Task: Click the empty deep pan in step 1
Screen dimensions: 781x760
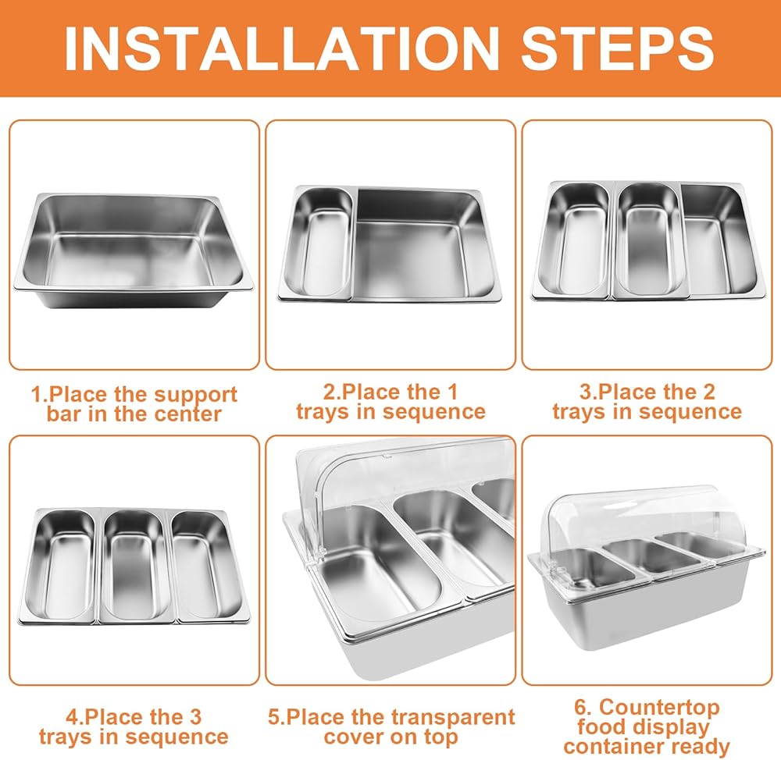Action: click(134, 251)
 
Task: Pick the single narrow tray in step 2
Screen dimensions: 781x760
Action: click(318, 244)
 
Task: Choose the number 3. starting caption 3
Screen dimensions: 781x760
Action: click(588, 392)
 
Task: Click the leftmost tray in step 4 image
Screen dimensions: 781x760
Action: click(60, 566)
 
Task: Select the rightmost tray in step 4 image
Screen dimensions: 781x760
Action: click(209, 565)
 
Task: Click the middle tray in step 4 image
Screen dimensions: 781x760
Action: click(134, 566)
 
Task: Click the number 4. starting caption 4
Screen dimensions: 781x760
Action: click(74, 717)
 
